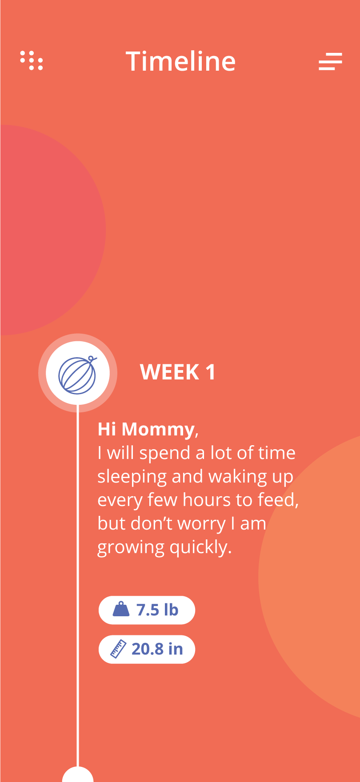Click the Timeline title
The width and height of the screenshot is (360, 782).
(x=180, y=61)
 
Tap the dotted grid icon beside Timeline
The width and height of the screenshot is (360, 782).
(x=32, y=60)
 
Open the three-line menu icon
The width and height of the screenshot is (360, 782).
(x=330, y=61)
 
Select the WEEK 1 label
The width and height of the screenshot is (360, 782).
(x=178, y=372)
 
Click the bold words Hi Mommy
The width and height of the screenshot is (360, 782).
(x=146, y=429)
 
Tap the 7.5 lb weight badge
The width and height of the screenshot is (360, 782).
(x=147, y=610)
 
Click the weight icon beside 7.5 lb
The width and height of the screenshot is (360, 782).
(x=121, y=609)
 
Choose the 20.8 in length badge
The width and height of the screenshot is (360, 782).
(x=147, y=649)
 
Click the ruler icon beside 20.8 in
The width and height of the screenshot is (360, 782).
(x=118, y=649)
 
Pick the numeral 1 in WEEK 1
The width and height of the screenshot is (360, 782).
(x=210, y=372)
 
